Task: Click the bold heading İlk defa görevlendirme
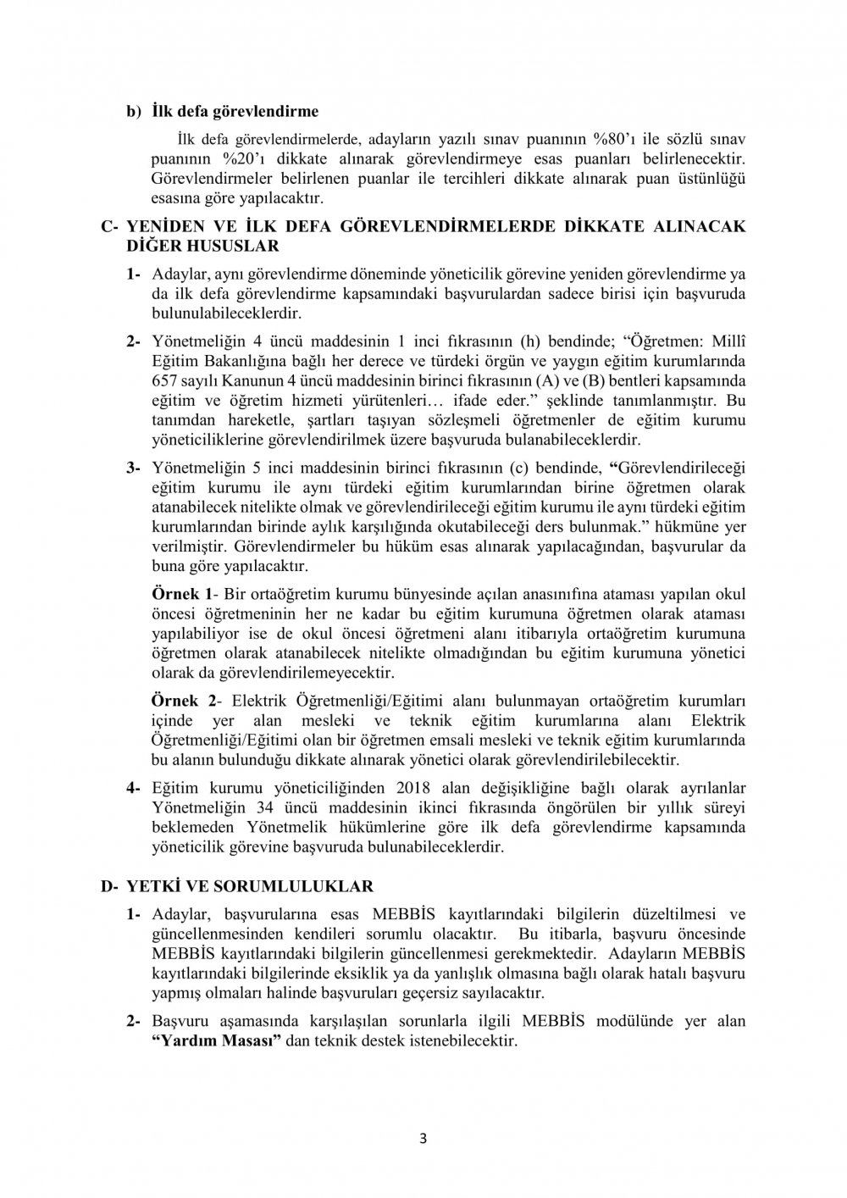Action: tap(235, 111)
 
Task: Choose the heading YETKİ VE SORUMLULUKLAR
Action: tap(249, 886)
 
